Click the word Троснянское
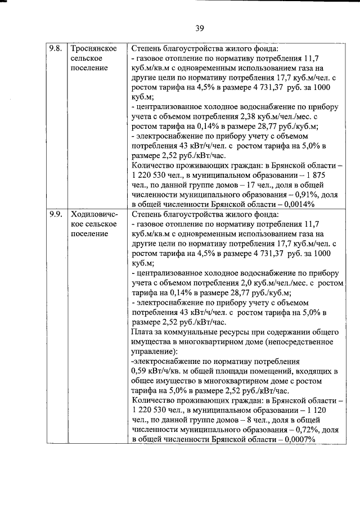click(x=94, y=48)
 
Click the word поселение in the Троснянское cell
click(x=89, y=68)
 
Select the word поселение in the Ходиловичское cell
click(x=89, y=233)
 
